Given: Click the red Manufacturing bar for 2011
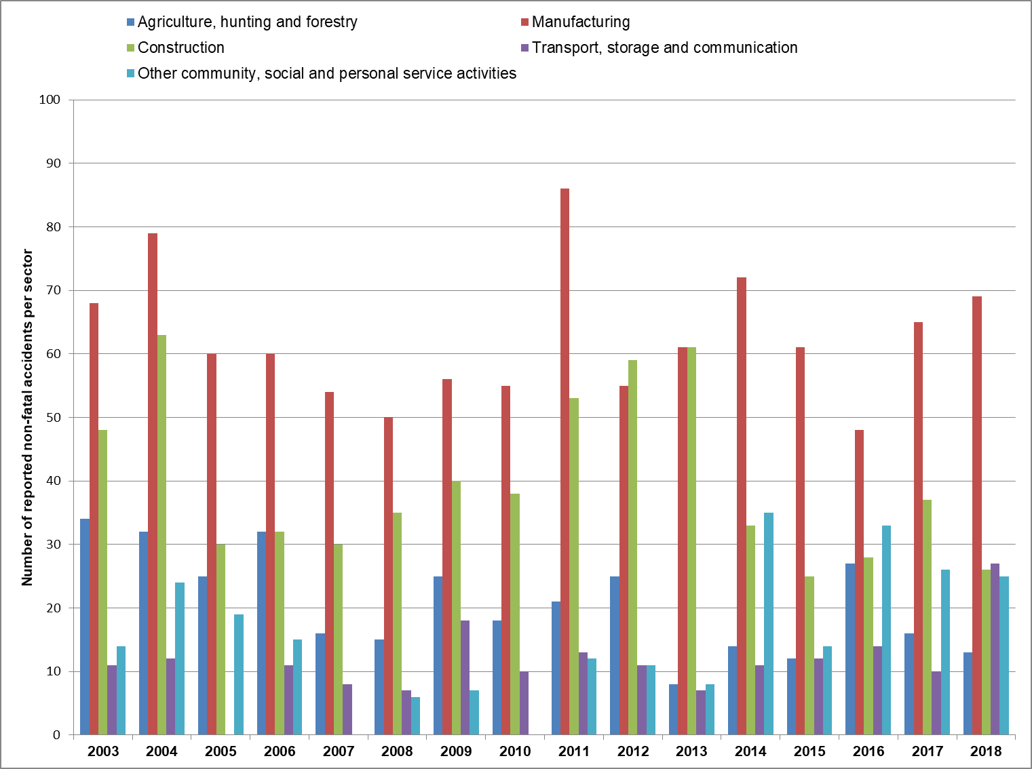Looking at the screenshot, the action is click(565, 462).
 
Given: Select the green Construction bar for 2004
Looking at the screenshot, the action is click(161, 535).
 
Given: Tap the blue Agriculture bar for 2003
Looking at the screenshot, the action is click(85, 627).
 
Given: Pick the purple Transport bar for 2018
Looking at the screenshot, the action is click(995, 649).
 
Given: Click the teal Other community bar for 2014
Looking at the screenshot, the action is click(769, 624).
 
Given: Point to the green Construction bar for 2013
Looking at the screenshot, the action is click(691, 541).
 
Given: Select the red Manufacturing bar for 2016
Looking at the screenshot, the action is click(859, 583).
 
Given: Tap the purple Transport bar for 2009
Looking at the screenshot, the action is click(465, 678).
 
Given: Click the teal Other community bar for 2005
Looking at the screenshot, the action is click(239, 675).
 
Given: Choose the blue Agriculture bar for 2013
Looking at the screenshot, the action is click(674, 709).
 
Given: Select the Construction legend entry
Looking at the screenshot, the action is click(176, 47).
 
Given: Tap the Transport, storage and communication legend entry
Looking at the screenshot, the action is click(660, 48).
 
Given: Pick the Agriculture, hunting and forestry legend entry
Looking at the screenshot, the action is click(242, 22).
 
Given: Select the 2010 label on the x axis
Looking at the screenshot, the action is click(515, 751).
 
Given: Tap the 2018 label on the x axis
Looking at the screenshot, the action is click(986, 751).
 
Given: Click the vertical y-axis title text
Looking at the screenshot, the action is click(27, 417).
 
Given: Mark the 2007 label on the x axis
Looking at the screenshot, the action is click(339, 751).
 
